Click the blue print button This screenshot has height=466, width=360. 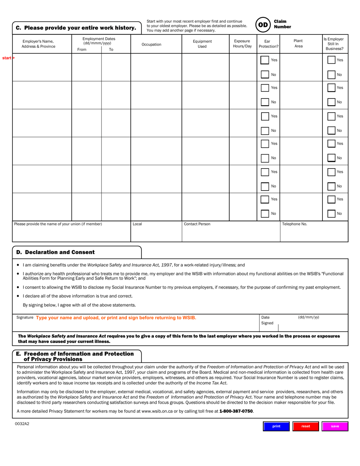tap(276, 426)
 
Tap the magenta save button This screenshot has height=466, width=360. tap(335, 426)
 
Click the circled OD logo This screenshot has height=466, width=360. tap(263, 25)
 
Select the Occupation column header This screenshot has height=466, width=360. tap(151, 44)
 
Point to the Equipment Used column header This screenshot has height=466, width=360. tap(202, 44)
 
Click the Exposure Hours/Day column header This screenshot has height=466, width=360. tap(242, 44)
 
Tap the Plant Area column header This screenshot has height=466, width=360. tap(298, 44)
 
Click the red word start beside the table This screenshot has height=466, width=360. tap(7, 58)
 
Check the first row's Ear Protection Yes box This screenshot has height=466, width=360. tap(265, 60)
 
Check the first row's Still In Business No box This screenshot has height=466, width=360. tap(331, 75)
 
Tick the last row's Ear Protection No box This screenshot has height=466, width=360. tap(265, 214)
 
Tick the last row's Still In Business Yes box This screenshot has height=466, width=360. tap(331, 199)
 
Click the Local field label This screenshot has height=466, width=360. tap(137, 224)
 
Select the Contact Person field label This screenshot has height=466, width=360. tap(197, 224)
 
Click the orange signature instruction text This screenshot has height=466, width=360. tap(116, 317)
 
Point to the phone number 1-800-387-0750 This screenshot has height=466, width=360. tap(236, 411)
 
